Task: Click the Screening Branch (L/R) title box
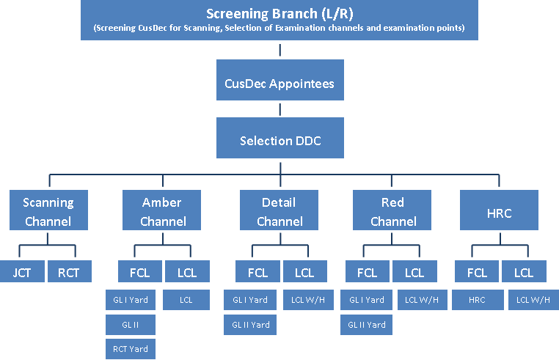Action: [279, 20]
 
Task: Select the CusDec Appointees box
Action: [279, 80]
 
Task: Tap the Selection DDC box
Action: [279, 138]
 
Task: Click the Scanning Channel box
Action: [48, 210]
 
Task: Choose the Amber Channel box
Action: [161, 210]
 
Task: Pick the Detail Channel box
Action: [279, 210]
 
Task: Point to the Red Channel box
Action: [392, 210]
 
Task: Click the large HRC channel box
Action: [499, 210]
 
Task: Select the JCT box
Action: [22, 271]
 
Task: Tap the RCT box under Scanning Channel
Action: [70, 271]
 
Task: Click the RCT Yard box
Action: [131, 349]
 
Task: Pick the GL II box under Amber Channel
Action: [131, 325]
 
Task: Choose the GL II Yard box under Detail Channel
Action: [250, 325]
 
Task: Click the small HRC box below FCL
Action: [478, 300]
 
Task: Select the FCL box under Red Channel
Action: [368, 271]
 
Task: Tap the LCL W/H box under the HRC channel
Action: [533, 300]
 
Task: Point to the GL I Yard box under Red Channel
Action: [367, 300]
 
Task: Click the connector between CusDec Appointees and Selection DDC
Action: [279, 109]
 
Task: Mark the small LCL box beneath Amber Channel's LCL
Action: [186, 300]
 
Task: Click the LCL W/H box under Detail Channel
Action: [308, 300]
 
